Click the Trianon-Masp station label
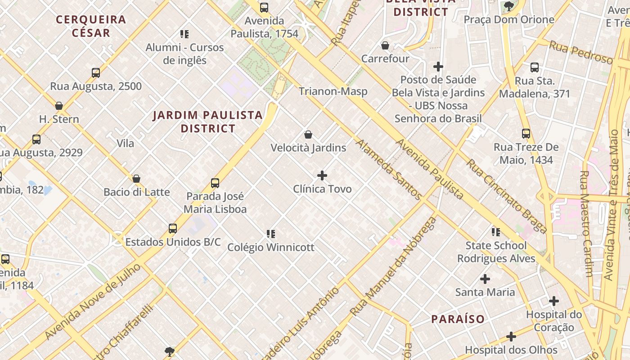[333, 91]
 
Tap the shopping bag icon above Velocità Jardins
[308, 135]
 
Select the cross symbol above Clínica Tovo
[322, 175]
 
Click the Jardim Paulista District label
[207, 121]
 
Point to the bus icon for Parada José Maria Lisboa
[215, 183]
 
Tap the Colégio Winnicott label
[270, 247]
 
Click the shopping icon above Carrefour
[385, 45]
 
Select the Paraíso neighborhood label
[458, 319]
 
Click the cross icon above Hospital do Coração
[554, 301]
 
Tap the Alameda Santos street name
[389, 170]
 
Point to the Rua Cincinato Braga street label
[506, 196]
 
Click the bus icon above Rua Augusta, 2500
[96, 73]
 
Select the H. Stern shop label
[59, 119]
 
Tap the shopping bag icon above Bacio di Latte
[136, 179]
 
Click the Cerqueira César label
[91, 26]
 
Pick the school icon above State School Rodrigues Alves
[496, 232]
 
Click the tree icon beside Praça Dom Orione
[509, 6]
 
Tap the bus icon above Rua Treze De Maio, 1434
[526, 134]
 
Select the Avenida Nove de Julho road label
[93, 301]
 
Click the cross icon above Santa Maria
[485, 279]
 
